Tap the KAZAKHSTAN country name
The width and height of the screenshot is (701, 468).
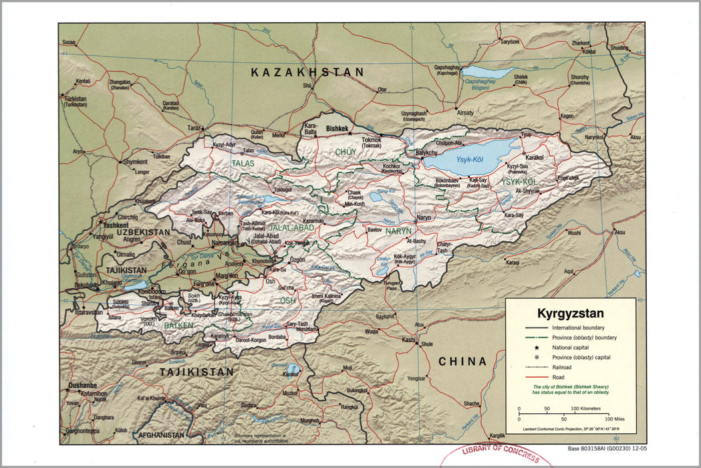click(307, 72)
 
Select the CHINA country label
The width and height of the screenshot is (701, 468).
click(462, 362)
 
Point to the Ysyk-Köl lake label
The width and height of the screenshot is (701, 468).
click(469, 160)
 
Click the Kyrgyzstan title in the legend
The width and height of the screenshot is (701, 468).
click(570, 313)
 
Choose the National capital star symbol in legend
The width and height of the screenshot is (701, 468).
click(537, 348)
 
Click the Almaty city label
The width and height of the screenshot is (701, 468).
click(464, 113)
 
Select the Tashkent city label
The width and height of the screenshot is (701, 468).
click(116, 225)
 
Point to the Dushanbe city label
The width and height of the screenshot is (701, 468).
click(82, 386)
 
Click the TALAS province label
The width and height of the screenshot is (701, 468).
click(243, 162)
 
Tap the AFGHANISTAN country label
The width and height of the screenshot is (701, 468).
click(158, 435)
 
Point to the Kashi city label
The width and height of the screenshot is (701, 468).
click(408, 340)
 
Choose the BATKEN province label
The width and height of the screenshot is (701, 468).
click(178, 325)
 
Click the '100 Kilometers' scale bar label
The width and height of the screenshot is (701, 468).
click(585, 408)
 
